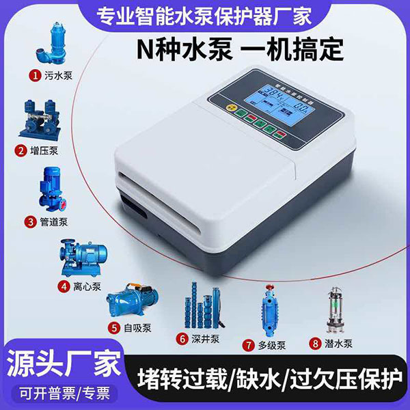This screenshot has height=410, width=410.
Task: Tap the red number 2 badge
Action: pos(22,149)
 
